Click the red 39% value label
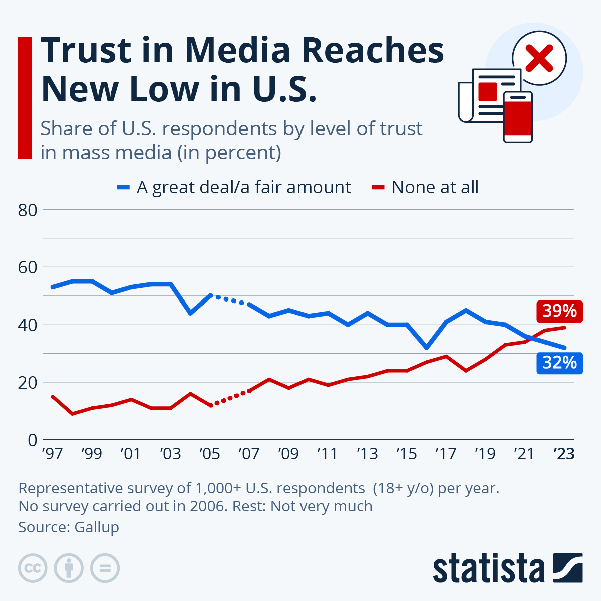[x=560, y=311]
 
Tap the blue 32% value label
[x=560, y=362]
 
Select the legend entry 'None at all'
[x=434, y=187]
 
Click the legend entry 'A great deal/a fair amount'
[x=243, y=187]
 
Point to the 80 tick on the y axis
[x=28, y=210]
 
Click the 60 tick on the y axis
[x=28, y=267]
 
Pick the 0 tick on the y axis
[x=33, y=440]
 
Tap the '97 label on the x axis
[x=52, y=454]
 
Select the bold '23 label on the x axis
[x=564, y=454]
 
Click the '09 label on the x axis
[x=288, y=454]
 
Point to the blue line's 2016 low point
[x=426, y=347]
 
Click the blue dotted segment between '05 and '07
[x=229, y=300]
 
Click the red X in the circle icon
[x=539, y=57]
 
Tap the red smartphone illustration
[x=518, y=117]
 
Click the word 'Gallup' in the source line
[x=97, y=527]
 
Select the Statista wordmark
[x=488, y=568]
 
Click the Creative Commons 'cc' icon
[x=33, y=568]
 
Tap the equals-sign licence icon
[x=105, y=568]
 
